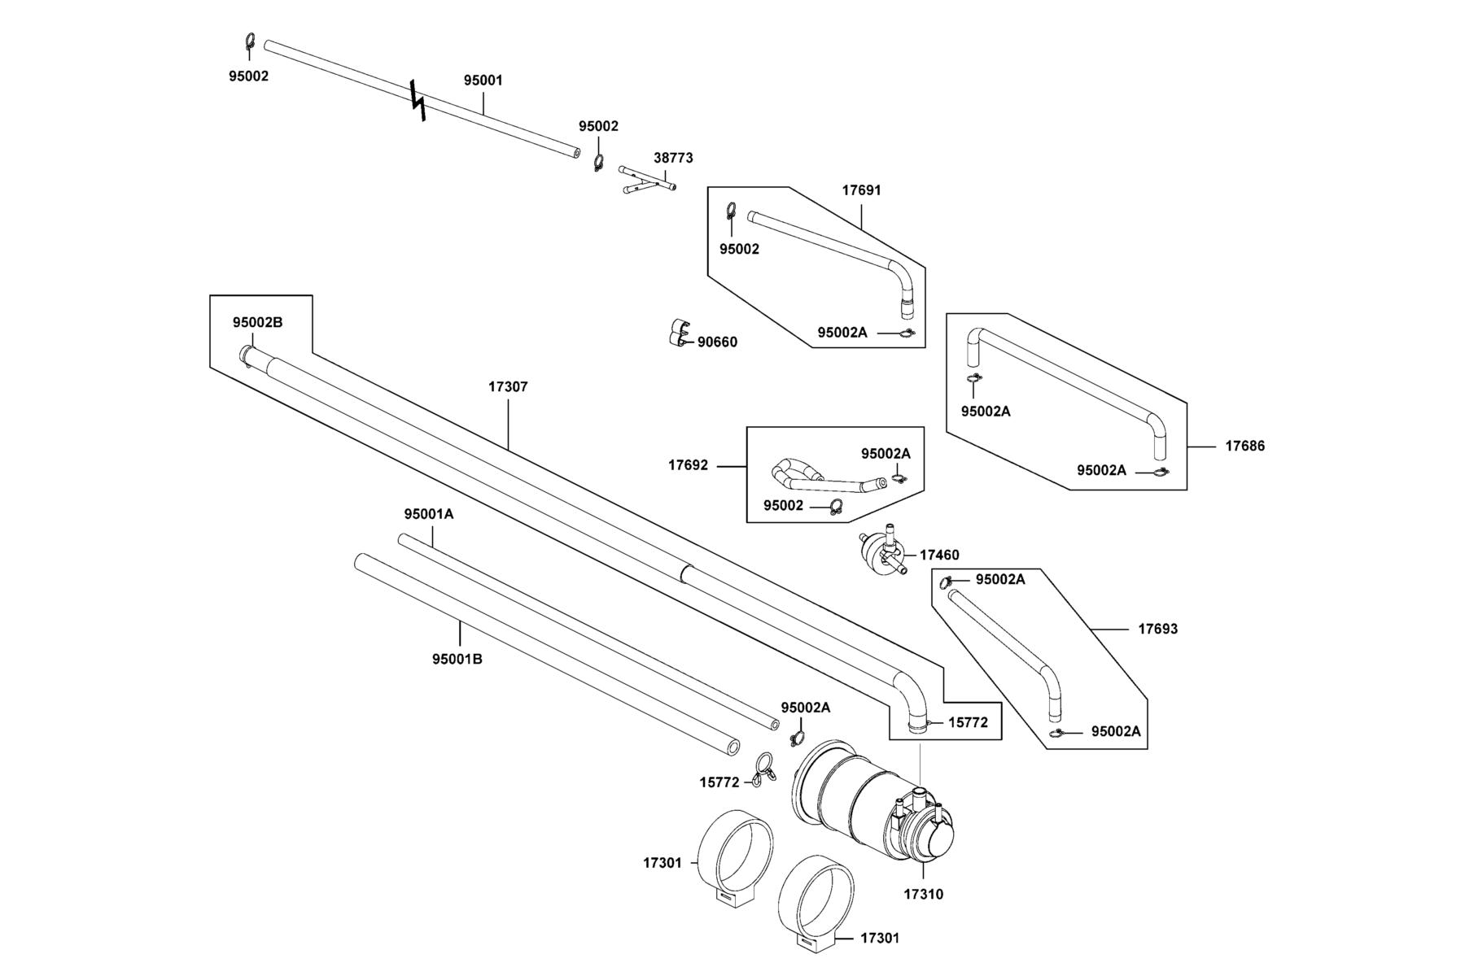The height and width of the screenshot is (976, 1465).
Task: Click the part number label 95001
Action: coord(483,81)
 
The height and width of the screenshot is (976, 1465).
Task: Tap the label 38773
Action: coord(673,158)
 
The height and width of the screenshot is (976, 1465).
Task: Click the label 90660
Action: coord(717,342)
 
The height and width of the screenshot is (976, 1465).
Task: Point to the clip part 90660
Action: coord(678,332)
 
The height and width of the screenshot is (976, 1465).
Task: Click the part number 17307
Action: coord(508,387)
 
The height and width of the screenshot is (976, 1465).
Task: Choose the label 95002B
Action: coord(257,322)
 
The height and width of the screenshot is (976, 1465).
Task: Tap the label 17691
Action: coord(861,190)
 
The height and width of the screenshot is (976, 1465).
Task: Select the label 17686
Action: coord(1245,447)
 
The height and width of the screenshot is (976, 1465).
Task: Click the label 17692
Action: coord(689,466)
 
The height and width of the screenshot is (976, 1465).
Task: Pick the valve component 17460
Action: coord(884,552)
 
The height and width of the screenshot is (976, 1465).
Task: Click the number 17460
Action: coord(939,556)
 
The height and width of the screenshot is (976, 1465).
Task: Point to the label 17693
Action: coord(1157,630)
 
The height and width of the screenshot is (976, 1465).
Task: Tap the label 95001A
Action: coord(429,515)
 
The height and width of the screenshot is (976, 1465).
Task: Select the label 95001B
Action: coord(457,660)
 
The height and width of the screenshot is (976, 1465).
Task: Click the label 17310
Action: coord(924,895)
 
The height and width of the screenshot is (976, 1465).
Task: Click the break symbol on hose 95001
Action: coord(418,101)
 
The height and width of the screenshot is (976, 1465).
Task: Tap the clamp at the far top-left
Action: coord(251,42)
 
